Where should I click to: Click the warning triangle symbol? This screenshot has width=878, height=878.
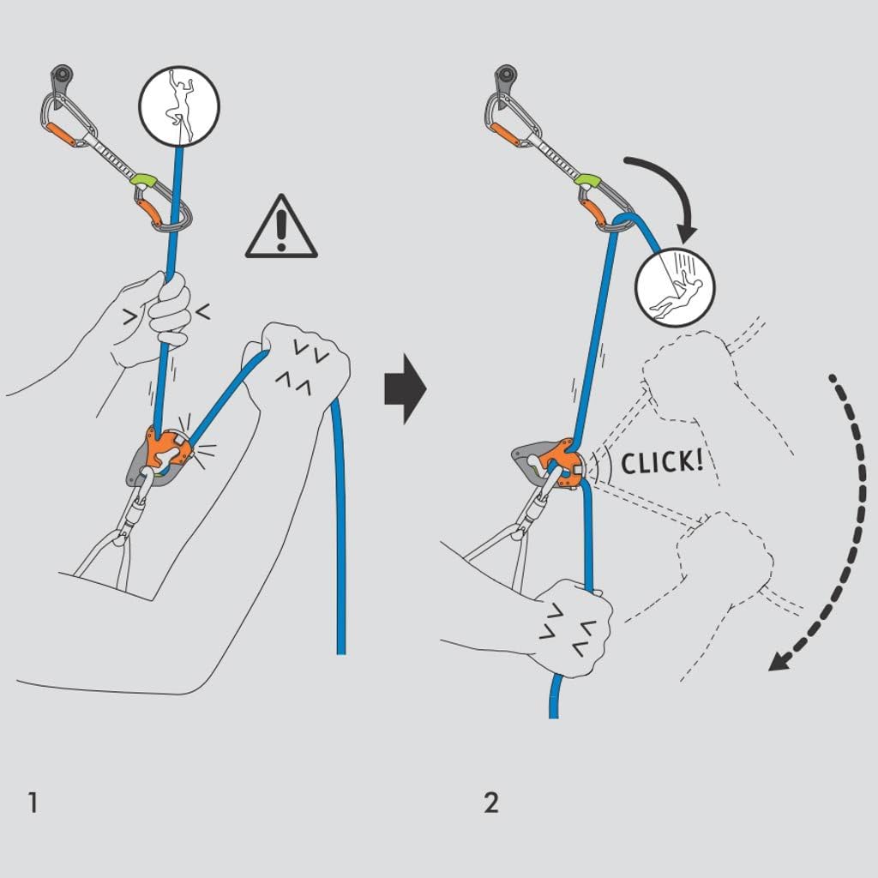[x=281, y=227]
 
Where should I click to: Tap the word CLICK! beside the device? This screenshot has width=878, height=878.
[x=661, y=462]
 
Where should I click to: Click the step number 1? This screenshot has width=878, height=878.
[x=32, y=803]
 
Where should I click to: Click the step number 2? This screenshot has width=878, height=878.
[x=490, y=803]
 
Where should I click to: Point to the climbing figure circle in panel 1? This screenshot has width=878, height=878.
[x=179, y=106]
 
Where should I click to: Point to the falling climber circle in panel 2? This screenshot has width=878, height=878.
[x=675, y=288]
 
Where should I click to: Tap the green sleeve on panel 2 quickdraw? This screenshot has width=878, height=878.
[x=587, y=180]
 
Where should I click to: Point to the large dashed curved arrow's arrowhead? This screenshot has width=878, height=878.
[x=782, y=660]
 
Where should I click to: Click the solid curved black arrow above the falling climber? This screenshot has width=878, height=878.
[x=669, y=184]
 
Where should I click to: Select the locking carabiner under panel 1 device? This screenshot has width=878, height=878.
[x=135, y=510]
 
